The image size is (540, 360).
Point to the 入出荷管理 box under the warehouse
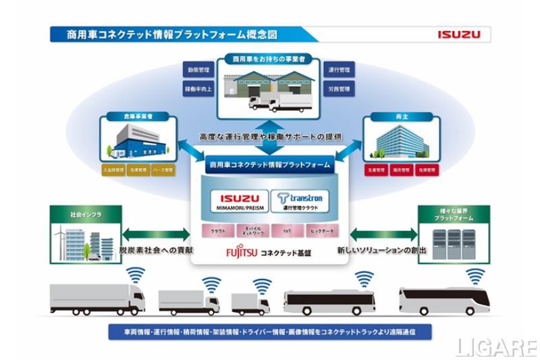(x=113, y=170)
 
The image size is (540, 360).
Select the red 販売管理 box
(x=401, y=171)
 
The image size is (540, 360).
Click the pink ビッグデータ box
(x=317, y=230)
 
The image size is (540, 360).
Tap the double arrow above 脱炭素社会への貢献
(x=155, y=234)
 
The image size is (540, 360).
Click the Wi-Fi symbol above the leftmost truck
(x=138, y=274)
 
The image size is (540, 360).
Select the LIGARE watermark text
(x=495, y=347)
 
